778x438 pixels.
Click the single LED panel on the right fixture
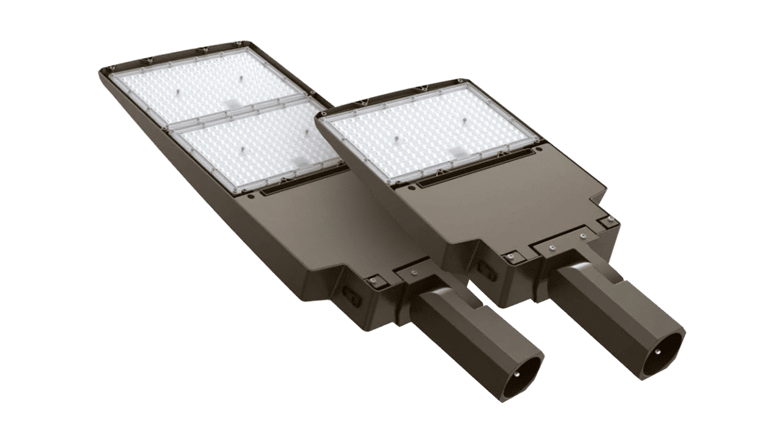[x=428, y=131]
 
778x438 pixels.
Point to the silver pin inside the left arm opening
[x=516, y=375]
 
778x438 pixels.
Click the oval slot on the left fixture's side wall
[x=351, y=296]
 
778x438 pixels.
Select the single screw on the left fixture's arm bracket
[x=413, y=273]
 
